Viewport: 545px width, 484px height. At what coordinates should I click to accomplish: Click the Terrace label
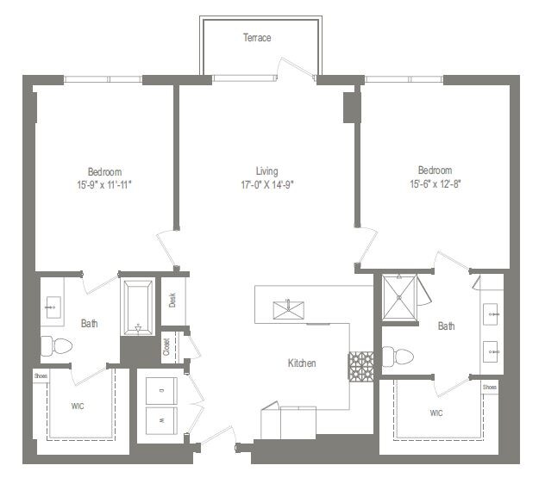[x=257, y=38]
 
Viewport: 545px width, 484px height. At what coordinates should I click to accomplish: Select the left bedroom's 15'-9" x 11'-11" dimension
[x=103, y=184]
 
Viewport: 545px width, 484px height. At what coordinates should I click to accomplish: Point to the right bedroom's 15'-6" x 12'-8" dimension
[x=430, y=184]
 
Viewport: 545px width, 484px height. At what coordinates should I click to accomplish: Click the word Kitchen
[x=302, y=363]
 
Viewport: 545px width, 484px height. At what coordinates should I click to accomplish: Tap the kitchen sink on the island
[x=284, y=308]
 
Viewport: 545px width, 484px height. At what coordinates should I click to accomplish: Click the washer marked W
[x=162, y=419]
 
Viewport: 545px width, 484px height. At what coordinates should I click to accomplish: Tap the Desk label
[x=172, y=299]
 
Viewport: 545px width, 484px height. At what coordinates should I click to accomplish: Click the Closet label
[x=166, y=346]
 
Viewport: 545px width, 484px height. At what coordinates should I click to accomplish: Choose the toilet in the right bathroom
[x=393, y=355]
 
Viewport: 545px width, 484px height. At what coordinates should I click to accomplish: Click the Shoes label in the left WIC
[x=41, y=375]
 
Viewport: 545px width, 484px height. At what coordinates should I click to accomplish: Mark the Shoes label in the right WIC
[x=490, y=387]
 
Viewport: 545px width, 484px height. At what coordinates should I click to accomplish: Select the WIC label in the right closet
[x=436, y=413]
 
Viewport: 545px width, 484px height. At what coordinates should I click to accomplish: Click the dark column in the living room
[x=351, y=107]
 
